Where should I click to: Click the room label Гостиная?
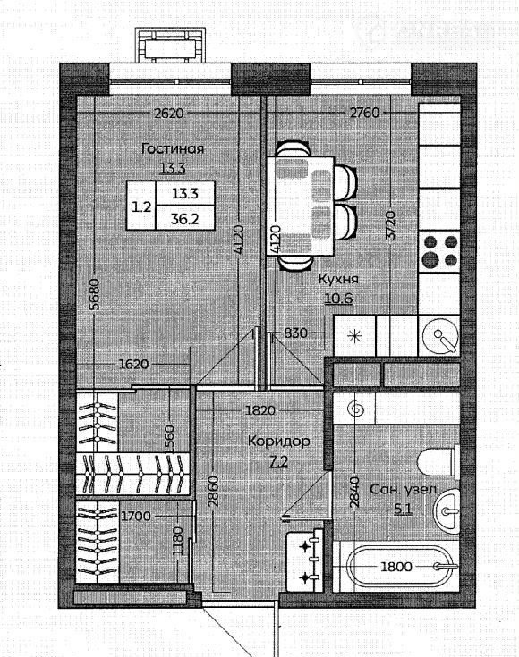click(173, 148)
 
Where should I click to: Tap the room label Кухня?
click(338, 279)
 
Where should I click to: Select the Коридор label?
click(279, 442)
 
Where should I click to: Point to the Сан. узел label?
click(403, 490)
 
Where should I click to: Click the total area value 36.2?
click(184, 218)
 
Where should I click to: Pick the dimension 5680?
click(95, 294)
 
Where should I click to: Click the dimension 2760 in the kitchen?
click(364, 113)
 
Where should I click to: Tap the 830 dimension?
click(296, 333)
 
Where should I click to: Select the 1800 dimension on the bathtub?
click(396, 567)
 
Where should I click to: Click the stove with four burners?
click(439, 251)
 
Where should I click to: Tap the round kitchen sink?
click(440, 336)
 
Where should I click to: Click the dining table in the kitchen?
click(301, 206)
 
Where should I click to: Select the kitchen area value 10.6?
click(338, 299)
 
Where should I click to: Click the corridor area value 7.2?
click(279, 461)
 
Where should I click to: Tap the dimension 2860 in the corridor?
click(214, 492)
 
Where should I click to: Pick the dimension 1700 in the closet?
click(136, 516)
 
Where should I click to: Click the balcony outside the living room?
click(170, 46)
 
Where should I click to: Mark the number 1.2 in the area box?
click(141, 206)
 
